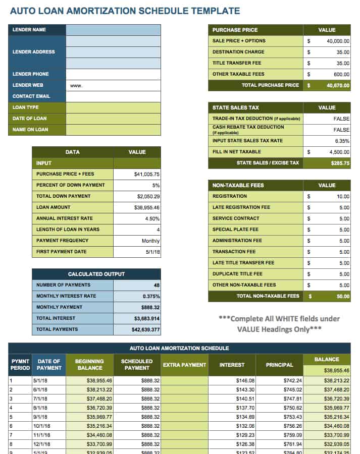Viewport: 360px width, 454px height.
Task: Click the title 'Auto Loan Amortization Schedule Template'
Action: (x=125, y=11)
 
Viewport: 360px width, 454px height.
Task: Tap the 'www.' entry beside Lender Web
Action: (x=76, y=86)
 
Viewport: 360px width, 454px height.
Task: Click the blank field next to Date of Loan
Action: (x=113, y=119)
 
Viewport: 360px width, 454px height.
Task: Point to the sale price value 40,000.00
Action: (x=338, y=41)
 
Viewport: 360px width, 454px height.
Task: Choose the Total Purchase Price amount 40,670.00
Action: (x=338, y=86)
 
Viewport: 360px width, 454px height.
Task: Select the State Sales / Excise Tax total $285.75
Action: (x=340, y=163)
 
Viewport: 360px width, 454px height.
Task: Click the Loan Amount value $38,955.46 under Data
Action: (x=146, y=207)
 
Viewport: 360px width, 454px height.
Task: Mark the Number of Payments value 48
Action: (x=156, y=285)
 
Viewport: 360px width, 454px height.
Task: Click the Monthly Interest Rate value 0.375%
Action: (x=151, y=296)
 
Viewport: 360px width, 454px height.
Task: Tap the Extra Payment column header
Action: (x=184, y=365)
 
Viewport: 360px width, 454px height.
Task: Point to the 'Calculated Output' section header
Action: (x=96, y=274)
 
